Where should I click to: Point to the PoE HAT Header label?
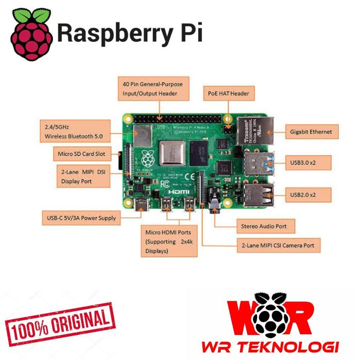pos(228,93)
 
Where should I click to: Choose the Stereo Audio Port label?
pos(267,226)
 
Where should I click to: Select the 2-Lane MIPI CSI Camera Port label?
pos(278,245)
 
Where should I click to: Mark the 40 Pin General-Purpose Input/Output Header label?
pos(150,88)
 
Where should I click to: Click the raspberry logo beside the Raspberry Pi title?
pos(32,34)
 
